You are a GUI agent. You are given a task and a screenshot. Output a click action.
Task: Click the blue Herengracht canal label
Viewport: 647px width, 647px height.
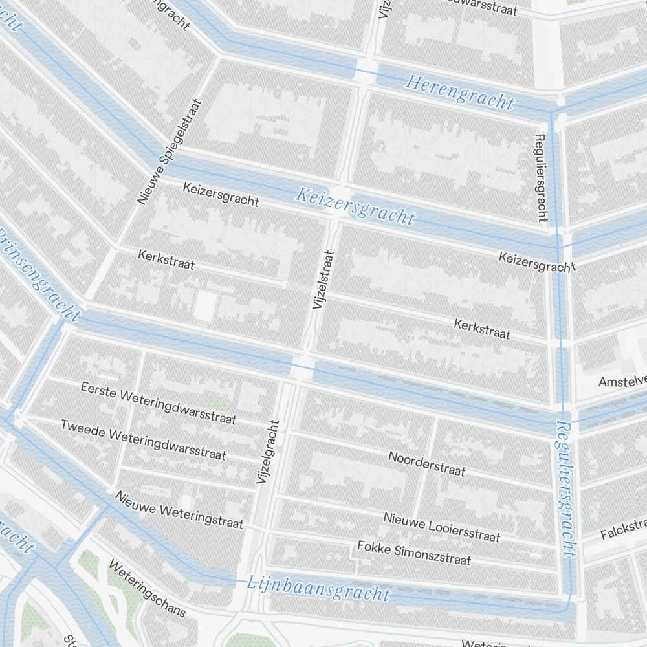(x=459, y=93)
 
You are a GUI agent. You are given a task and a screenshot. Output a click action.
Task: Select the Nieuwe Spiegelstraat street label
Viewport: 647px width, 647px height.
(x=170, y=152)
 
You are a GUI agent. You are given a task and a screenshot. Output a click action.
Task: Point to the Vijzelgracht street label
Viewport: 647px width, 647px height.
(x=266, y=452)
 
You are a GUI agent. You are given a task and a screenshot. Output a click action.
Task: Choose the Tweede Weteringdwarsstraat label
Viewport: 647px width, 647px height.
(x=143, y=439)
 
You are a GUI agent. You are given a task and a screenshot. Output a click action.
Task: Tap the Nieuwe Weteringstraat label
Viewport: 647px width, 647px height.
(x=179, y=509)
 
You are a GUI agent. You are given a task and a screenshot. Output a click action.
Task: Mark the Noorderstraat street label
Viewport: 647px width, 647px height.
(x=426, y=463)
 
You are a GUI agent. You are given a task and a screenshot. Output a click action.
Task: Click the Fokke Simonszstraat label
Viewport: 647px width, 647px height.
(x=414, y=553)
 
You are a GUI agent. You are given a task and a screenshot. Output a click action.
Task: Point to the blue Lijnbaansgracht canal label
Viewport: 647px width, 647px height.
(x=319, y=588)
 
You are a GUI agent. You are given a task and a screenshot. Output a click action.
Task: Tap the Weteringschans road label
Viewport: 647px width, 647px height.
(x=147, y=588)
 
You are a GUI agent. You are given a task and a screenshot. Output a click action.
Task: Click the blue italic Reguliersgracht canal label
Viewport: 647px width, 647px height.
(x=565, y=488)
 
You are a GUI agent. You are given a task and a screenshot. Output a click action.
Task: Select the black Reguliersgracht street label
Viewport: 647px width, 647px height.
(x=542, y=178)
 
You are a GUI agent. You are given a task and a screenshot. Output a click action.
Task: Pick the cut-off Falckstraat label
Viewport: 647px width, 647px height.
(x=623, y=529)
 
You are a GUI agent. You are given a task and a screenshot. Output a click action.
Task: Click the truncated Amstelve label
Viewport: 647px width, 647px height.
(x=622, y=380)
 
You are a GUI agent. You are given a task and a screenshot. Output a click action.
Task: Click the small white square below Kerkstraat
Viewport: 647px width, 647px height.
(x=204, y=305)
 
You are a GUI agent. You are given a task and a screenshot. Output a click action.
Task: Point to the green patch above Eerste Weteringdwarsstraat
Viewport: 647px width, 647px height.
(x=218, y=404)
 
